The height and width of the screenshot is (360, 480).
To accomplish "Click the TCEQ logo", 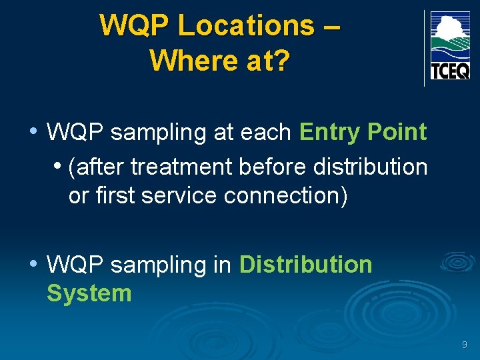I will [x=450, y=45].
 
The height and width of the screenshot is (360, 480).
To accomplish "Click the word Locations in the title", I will [x=246, y=26].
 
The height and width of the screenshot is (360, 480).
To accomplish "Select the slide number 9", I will [x=464, y=345].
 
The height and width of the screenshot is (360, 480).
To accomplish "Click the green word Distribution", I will [x=305, y=265].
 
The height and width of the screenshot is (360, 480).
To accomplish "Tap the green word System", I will [x=89, y=293].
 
